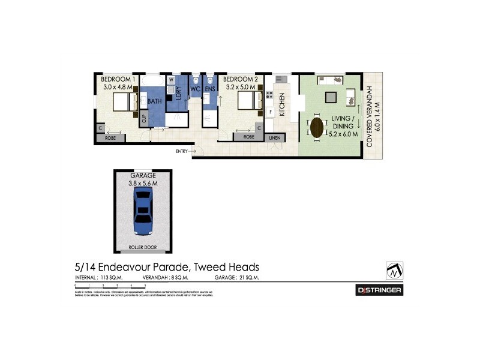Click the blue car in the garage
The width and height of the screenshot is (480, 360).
tap(144, 212)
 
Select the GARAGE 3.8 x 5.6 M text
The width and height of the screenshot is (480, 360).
tap(144, 179)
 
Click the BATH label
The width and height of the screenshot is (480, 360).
tap(155, 102)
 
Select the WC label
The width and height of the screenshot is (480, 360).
tap(195, 89)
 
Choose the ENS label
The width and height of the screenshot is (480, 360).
tap(209, 89)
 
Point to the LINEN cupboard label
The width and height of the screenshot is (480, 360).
tap(274, 138)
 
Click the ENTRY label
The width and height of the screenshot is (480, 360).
tap(182, 151)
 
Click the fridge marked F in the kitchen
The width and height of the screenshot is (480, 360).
tap(271, 112)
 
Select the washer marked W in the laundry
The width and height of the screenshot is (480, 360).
tap(171, 79)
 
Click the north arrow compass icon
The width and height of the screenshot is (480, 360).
tap(394, 270)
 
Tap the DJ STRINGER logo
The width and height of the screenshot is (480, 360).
tap(380, 290)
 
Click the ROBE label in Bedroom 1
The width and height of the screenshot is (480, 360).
tap(110, 138)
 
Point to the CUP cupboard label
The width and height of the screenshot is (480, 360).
tap(144, 118)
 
